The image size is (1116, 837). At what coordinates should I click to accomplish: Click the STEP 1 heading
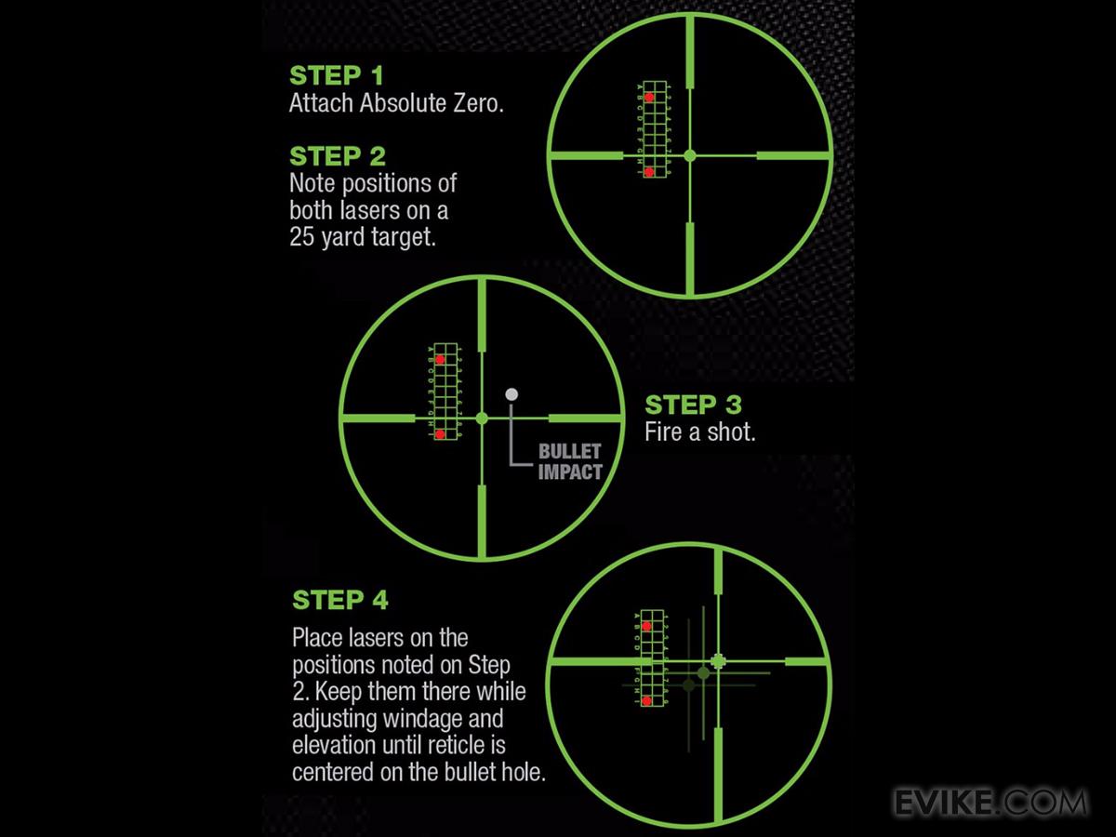tap(336, 75)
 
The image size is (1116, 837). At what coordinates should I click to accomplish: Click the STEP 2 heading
tap(338, 155)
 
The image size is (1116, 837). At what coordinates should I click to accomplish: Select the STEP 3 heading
tap(693, 405)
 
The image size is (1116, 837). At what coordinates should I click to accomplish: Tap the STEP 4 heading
tap(339, 600)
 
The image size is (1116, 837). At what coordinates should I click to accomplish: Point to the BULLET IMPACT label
tap(570, 462)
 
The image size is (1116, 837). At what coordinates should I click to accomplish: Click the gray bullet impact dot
tap(511, 394)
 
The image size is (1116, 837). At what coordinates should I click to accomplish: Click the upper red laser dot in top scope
tap(649, 97)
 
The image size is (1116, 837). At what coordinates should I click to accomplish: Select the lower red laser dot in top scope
tap(649, 171)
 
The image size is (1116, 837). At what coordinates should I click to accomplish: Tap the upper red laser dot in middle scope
tap(440, 359)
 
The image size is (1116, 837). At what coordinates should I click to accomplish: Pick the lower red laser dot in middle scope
tap(440, 433)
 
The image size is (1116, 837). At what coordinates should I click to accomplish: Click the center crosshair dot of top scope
tap(689, 155)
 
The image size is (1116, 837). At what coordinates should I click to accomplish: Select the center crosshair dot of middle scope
tap(482, 418)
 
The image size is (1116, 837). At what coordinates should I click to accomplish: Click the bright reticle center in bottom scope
tap(717, 661)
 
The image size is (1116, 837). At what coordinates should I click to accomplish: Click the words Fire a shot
tap(699, 433)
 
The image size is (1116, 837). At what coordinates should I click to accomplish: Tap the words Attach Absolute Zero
tap(396, 103)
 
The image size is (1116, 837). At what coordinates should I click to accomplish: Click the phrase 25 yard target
tap(362, 236)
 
